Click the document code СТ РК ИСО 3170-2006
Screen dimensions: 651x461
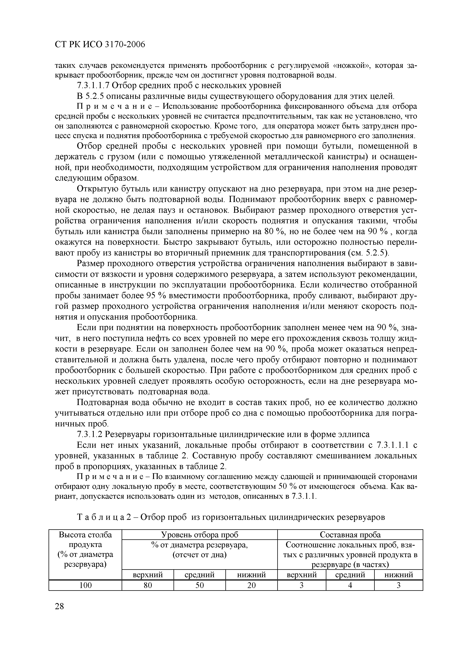pyautogui.click(x=100, y=45)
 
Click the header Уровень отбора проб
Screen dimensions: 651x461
pyautogui.click(x=200, y=535)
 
